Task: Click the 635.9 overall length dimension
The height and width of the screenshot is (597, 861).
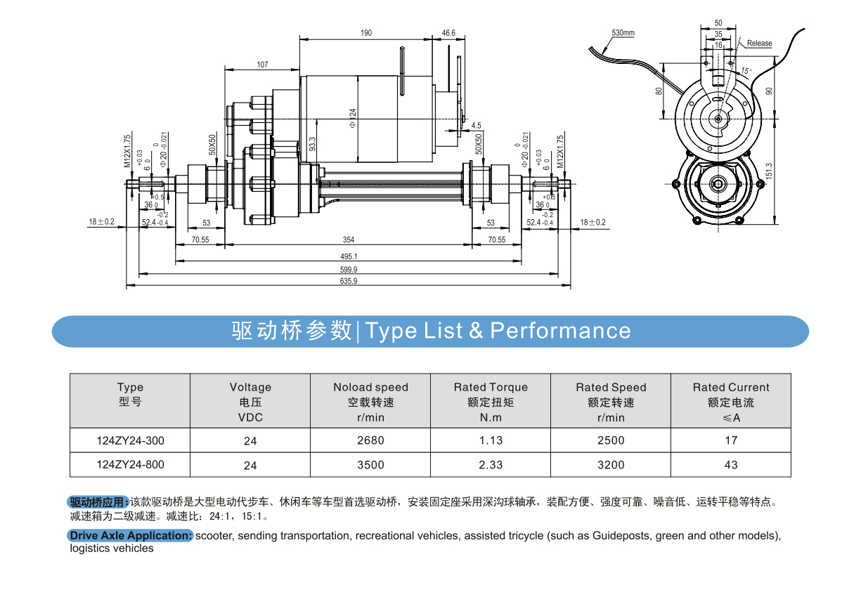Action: (x=349, y=282)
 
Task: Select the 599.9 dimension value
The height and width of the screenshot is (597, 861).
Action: (x=349, y=270)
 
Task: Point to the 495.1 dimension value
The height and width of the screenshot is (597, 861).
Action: (x=349, y=257)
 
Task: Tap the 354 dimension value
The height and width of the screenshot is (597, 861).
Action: (x=349, y=240)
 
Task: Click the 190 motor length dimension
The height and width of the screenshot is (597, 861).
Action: (x=366, y=33)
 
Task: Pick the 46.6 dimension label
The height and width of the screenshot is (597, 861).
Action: (x=448, y=33)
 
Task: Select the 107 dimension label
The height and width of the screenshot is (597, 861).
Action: (x=262, y=65)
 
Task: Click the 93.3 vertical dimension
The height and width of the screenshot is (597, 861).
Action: (x=313, y=144)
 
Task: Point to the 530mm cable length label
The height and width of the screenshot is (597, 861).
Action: (x=623, y=33)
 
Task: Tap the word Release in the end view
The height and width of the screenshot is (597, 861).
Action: (x=759, y=44)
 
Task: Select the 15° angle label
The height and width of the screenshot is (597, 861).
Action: (x=746, y=71)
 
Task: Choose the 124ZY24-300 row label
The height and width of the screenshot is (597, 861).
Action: (x=130, y=440)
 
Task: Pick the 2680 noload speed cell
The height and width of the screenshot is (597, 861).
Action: (x=370, y=440)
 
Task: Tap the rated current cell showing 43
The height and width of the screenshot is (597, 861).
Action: (x=731, y=464)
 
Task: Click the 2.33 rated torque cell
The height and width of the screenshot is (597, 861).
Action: (x=491, y=464)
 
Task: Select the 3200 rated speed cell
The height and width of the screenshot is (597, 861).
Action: (x=611, y=464)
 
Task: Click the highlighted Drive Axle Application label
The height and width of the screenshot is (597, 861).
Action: (x=131, y=536)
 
